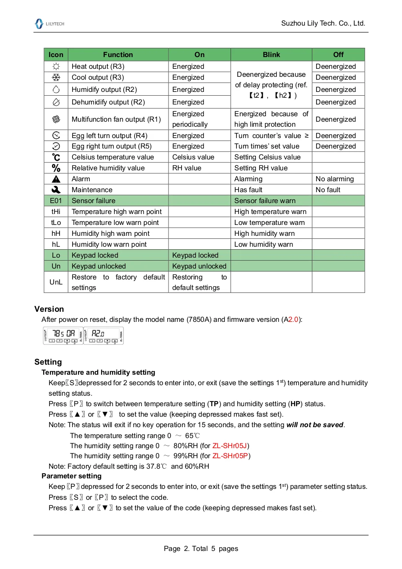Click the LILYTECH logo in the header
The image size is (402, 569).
point(49,24)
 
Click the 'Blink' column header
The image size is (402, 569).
point(271,55)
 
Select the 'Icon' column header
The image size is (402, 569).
point(56,55)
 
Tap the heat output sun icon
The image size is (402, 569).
point(56,66)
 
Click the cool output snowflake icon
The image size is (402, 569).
point(56,77)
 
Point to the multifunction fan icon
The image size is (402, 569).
point(56,119)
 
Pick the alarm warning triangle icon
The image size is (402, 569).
point(56,179)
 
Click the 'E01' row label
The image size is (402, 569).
point(56,201)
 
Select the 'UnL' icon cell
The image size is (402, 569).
point(56,282)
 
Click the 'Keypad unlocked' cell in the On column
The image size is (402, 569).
point(199,266)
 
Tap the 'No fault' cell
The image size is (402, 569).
point(328,190)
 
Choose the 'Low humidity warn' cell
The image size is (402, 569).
point(264,244)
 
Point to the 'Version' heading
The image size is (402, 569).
point(49,309)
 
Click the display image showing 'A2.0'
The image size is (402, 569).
point(104,336)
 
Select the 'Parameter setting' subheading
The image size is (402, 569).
point(71,476)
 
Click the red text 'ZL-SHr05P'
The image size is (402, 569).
point(230,456)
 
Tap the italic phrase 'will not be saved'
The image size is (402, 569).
point(314,425)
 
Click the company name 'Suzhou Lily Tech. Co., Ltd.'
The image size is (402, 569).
point(323,23)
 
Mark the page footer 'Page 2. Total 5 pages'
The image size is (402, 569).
point(201,548)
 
